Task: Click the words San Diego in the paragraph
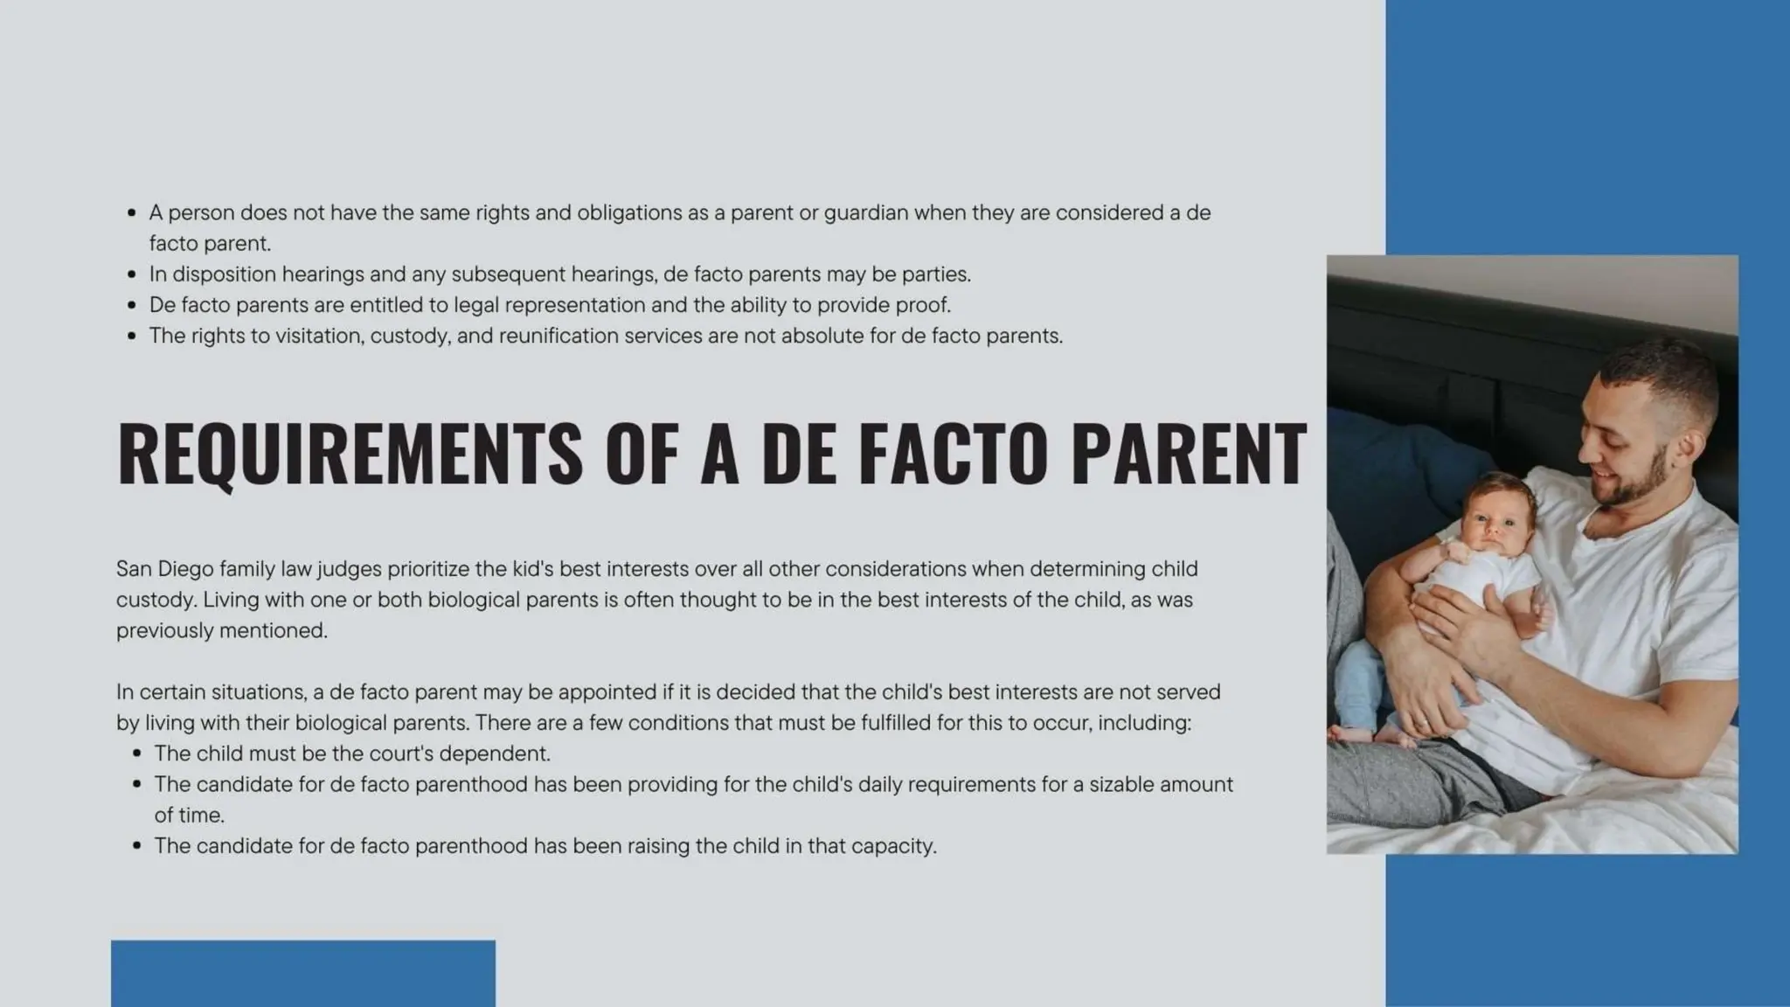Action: (164, 569)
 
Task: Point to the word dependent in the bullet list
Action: (494, 754)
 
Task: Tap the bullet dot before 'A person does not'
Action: (132, 213)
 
